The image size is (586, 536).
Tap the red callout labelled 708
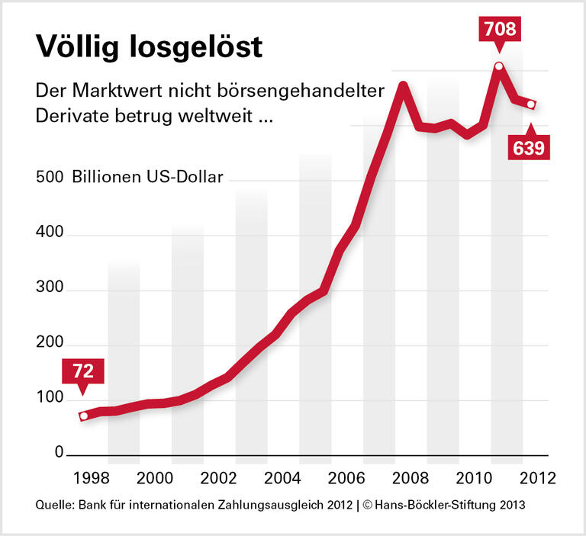(498, 30)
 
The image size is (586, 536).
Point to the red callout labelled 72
(83, 373)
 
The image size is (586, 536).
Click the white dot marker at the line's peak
(498, 66)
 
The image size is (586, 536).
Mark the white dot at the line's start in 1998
(84, 416)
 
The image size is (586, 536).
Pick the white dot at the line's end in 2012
(531, 104)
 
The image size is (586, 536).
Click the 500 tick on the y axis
(48, 178)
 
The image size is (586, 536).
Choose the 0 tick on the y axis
(58, 452)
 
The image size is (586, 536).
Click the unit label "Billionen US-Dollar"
(148, 178)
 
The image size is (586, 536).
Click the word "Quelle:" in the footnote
(55, 506)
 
